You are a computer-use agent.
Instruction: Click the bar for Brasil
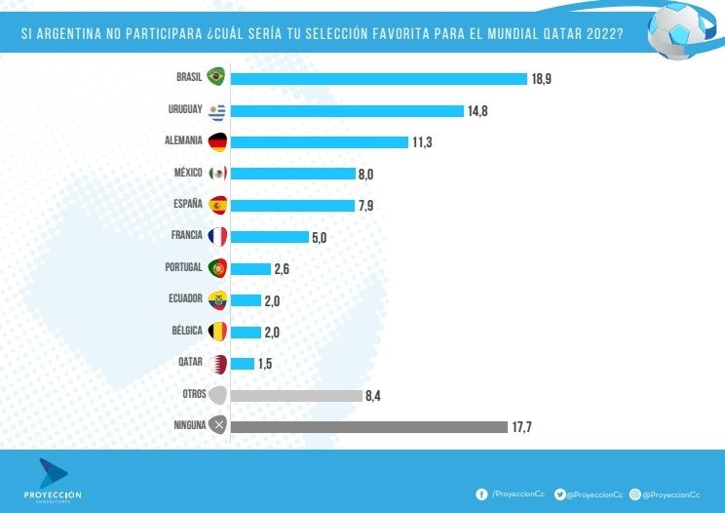379,79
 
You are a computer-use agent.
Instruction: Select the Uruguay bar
347,110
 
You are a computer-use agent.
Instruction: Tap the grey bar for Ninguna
369,426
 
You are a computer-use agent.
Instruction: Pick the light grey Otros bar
296,395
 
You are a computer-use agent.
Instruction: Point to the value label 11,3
422,142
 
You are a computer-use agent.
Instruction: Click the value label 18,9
542,79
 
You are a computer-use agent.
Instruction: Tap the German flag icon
217,141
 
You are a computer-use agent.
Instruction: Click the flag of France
217,236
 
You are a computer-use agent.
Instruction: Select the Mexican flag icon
217,174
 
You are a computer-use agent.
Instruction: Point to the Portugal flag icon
217,268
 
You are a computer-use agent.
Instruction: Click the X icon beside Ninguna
218,425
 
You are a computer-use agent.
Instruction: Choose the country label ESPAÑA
187,204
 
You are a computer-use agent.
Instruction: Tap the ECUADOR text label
184,298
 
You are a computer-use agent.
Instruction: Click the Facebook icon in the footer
480,494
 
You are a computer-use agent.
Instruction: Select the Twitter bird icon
559,494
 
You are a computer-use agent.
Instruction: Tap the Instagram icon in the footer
634,494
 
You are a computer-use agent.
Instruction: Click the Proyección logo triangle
53,472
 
